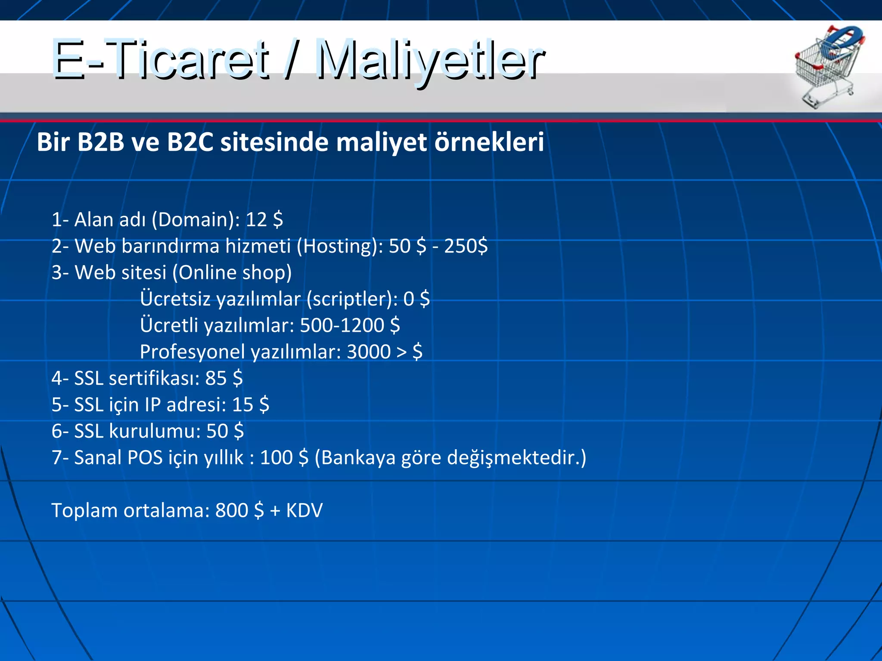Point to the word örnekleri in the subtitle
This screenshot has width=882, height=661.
(x=489, y=142)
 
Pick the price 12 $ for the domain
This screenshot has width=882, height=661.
(x=264, y=219)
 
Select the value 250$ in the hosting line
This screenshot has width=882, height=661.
(x=466, y=246)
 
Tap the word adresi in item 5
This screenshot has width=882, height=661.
(x=196, y=405)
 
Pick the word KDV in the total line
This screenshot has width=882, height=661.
(x=304, y=511)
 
